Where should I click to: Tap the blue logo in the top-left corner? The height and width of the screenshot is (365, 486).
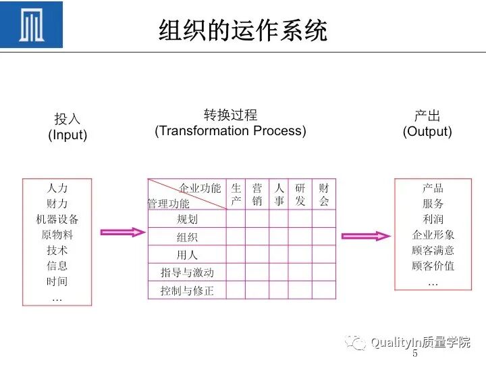(x=32, y=25)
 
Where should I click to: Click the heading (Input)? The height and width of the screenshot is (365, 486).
(x=67, y=135)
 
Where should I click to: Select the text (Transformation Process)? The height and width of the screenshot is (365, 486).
(x=230, y=131)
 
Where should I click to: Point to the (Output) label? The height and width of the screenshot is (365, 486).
(x=427, y=132)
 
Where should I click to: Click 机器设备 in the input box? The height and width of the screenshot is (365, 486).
(x=57, y=219)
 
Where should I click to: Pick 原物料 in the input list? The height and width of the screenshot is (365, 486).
(x=57, y=235)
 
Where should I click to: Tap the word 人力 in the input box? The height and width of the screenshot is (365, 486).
(x=57, y=188)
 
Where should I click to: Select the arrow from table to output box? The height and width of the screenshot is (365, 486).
(x=365, y=236)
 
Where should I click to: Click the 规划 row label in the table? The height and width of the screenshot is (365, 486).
(x=187, y=219)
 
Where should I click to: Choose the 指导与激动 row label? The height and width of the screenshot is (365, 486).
(x=187, y=272)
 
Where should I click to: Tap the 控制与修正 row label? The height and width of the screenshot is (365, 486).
(x=187, y=291)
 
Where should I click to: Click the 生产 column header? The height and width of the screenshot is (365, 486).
(x=236, y=194)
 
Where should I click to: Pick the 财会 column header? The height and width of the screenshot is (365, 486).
(x=324, y=194)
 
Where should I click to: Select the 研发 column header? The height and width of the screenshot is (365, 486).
(x=300, y=194)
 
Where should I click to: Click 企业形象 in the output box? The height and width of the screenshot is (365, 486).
(x=433, y=235)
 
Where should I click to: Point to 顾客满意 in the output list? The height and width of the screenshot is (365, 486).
(x=433, y=250)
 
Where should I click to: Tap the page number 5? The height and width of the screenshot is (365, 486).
(x=414, y=354)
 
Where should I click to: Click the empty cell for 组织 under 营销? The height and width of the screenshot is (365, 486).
(x=257, y=237)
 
